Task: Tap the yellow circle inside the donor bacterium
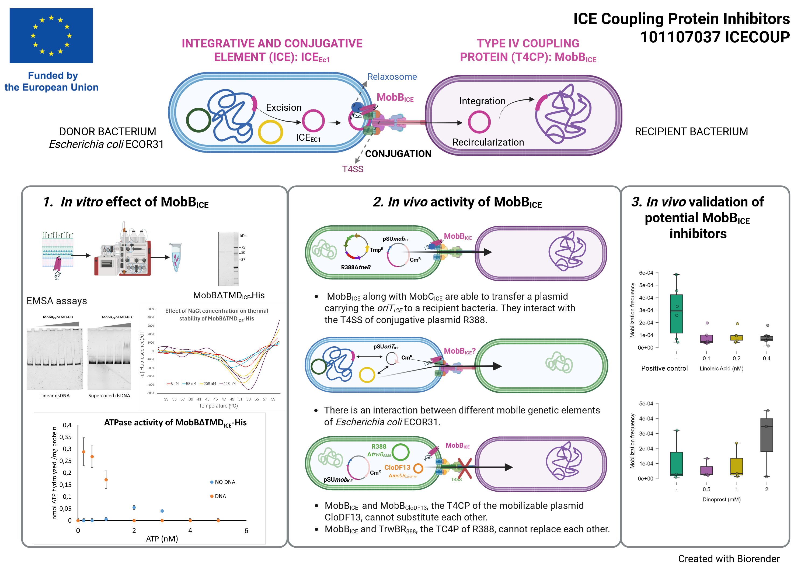click(x=270, y=132)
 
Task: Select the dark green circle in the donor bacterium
click(x=198, y=120)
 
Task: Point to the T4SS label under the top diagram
click(x=353, y=169)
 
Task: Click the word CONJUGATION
click(x=398, y=154)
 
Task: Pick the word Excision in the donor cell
click(x=284, y=108)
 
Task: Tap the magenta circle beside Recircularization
click(x=479, y=122)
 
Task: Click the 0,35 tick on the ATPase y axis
click(x=65, y=437)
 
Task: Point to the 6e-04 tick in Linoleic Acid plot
click(x=646, y=272)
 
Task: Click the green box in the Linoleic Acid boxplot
click(x=676, y=313)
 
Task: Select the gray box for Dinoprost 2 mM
click(x=767, y=435)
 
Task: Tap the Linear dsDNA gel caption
click(x=55, y=396)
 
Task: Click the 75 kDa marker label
click(x=243, y=247)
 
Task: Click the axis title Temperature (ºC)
click(x=218, y=406)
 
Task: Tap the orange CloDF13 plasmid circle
click(x=418, y=468)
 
